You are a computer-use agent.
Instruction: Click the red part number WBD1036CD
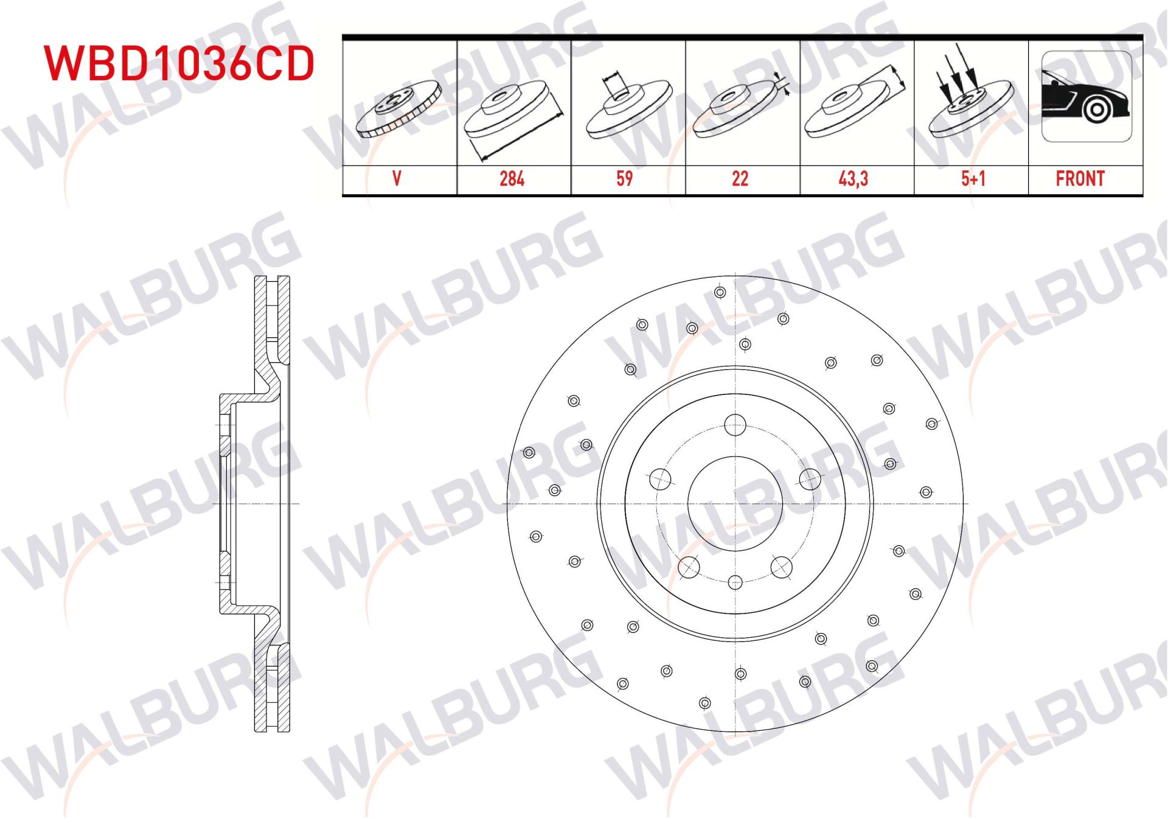[x=179, y=63]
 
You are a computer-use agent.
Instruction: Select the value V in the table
[x=397, y=178]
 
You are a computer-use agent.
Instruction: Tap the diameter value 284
[x=512, y=178]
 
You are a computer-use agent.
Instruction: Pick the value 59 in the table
[x=624, y=178]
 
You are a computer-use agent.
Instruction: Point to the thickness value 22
[x=740, y=178]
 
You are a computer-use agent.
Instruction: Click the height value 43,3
[x=853, y=178]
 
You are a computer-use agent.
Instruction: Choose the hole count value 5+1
[x=973, y=178]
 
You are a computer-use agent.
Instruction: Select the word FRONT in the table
[x=1080, y=178]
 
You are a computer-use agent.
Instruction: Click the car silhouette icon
[x=1086, y=97]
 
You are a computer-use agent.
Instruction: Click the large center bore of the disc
[x=735, y=503]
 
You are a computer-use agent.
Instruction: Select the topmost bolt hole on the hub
[x=735, y=425]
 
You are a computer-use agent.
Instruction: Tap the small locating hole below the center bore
[x=735, y=582]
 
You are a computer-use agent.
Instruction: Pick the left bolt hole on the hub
[x=660, y=480]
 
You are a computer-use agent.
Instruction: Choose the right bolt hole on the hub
[x=810, y=480]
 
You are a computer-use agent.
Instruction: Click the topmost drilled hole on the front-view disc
[x=720, y=292]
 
